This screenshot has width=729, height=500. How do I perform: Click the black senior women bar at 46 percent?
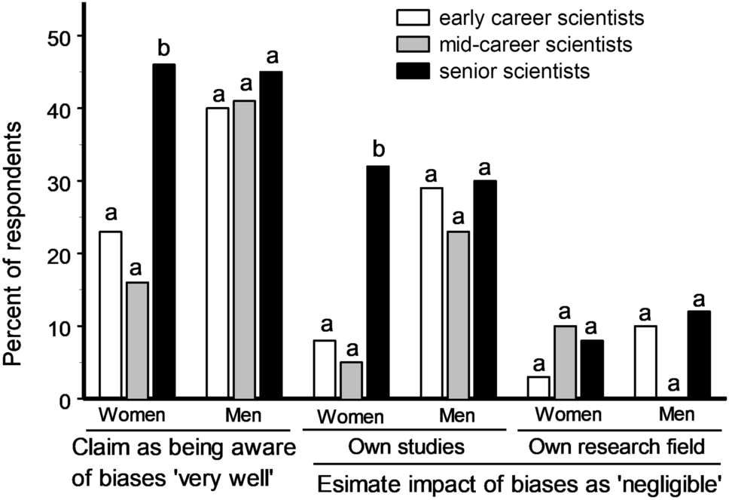(x=163, y=231)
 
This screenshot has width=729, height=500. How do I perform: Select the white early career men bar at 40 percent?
(x=218, y=253)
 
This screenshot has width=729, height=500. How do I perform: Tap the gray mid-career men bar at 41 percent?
(x=244, y=249)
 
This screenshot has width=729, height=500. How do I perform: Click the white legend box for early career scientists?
(x=412, y=16)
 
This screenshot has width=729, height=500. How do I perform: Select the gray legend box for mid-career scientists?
(x=412, y=44)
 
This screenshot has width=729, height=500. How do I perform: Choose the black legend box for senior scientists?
(x=412, y=72)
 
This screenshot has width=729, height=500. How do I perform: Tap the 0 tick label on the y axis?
(x=64, y=400)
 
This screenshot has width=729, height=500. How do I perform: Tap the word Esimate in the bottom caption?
(x=353, y=480)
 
